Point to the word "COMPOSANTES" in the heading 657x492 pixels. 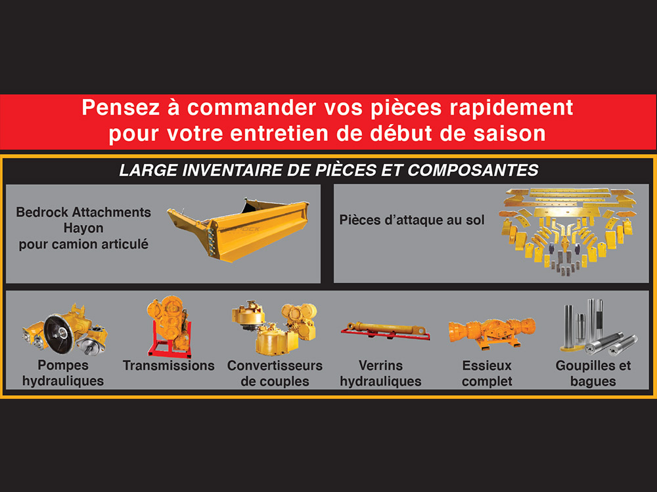[x=472, y=171]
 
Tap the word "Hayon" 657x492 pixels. [x=83, y=228]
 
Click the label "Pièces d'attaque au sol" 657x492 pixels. [x=412, y=220]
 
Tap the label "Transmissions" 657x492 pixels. [x=168, y=365]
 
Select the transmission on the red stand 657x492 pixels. [x=169, y=326]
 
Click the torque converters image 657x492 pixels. [x=275, y=327]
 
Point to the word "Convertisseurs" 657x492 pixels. [x=275, y=365]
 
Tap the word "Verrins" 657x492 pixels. [x=380, y=365]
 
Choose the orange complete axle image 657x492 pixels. [x=492, y=333]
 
